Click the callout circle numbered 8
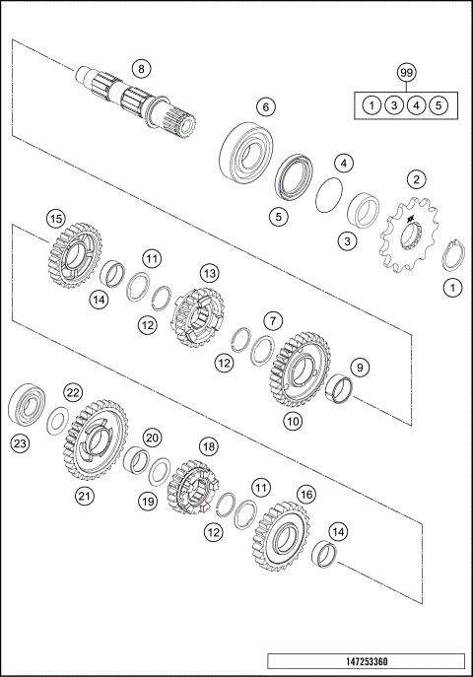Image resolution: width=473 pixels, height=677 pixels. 141,68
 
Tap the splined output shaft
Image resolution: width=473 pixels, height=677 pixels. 133,99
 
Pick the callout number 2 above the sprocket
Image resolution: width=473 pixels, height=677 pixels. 417,179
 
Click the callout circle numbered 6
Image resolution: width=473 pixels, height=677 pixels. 265,106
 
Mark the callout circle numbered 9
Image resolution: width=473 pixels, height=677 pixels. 360,369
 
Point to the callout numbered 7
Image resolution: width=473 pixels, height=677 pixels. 273,319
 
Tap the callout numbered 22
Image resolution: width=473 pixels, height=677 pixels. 72,392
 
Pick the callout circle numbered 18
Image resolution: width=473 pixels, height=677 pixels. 208,446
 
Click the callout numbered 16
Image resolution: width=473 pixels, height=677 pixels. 306,493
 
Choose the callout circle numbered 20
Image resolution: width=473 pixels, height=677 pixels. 151,437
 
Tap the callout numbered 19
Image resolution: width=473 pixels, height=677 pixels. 147,502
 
